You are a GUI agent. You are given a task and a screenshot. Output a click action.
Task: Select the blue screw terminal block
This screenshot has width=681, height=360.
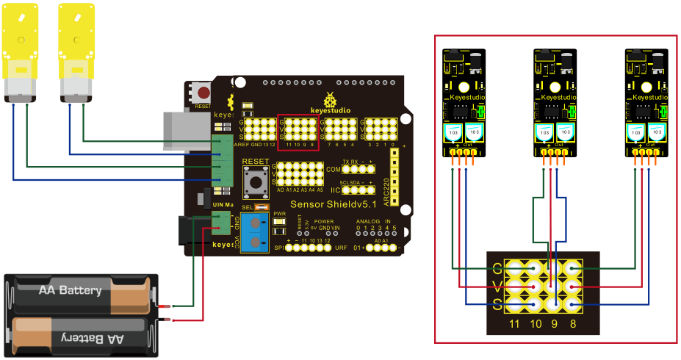[254, 234]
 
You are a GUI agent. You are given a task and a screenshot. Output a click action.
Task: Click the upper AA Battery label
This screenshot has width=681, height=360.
[70, 291]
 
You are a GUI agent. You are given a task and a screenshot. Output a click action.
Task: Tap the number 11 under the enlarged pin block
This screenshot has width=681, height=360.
[515, 322]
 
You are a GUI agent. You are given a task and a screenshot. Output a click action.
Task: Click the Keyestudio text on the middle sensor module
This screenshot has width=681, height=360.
[557, 97]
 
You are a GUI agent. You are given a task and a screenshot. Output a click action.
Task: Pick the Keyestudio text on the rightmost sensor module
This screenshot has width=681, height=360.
[648, 97]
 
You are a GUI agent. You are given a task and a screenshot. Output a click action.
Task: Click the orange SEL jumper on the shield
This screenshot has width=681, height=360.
[258, 208]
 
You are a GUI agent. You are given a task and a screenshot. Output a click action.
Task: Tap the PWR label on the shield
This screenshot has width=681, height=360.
[279, 215]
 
